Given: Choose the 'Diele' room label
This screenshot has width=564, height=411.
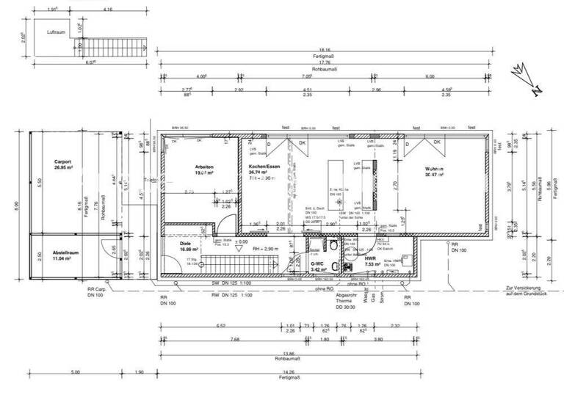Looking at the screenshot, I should point(185,243).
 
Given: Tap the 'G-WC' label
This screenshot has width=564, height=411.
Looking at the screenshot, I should point(317,263).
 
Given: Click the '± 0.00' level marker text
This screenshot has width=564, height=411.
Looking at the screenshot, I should point(240,241).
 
